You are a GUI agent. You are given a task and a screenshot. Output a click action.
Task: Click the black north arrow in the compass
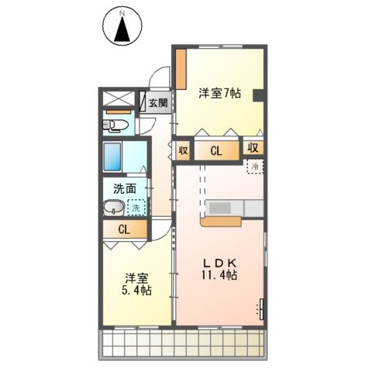[x=121, y=32]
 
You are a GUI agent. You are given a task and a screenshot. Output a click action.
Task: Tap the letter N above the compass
[x=121, y=13]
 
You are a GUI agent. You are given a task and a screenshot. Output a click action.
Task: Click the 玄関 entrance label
[x=157, y=102]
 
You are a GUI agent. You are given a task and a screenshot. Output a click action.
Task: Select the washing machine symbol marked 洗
[x=135, y=207]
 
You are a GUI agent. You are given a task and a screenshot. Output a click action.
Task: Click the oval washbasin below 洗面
[x=113, y=208]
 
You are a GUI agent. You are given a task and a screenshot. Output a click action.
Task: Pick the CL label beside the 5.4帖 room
[x=124, y=229]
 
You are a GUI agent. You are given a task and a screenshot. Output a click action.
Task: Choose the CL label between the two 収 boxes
[x=218, y=151]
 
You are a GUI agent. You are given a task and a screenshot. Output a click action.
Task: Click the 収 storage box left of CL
[x=183, y=150]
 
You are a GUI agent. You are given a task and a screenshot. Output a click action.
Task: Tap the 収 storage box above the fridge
[x=253, y=147]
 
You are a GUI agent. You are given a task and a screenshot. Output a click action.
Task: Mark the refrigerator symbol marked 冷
[x=253, y=166]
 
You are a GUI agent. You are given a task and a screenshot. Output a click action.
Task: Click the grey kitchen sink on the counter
[x=219, y=208]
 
